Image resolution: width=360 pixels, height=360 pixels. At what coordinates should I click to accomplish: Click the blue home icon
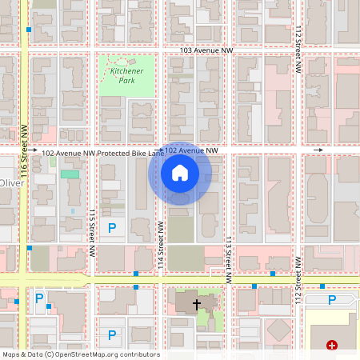coord(180,172)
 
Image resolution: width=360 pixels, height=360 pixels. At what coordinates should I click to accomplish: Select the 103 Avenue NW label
coord(206,50)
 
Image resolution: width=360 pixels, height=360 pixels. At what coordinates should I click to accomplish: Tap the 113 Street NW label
coord(228,257)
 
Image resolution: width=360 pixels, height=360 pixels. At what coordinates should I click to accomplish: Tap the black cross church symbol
coord(197,305)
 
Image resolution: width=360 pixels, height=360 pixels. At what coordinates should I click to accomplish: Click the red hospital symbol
coord(331,346)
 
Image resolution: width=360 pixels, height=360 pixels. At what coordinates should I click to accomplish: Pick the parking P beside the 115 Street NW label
coord(112,228)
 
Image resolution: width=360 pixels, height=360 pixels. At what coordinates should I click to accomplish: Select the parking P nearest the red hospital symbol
coord(333,299)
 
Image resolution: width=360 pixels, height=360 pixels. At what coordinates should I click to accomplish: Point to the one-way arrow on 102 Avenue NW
coord(318,150)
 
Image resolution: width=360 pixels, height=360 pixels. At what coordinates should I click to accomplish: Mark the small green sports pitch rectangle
coord(70,174)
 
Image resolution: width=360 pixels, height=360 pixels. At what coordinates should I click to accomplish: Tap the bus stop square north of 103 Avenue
coord(29,29)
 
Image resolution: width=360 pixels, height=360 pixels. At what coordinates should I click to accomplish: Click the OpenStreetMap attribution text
coord(81,354)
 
